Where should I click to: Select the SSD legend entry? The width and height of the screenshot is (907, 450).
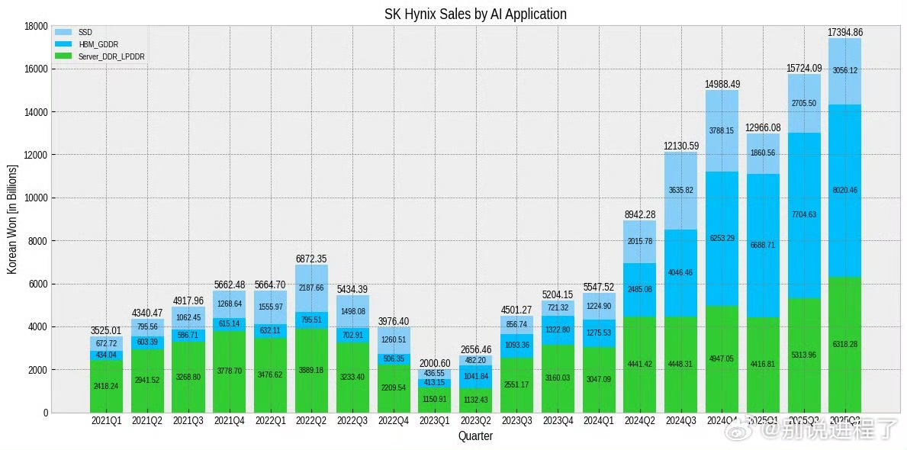click(85, 32)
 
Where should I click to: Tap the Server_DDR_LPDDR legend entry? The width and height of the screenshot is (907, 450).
click(111, 56)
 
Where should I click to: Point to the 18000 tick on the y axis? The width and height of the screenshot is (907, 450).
click(36, 26)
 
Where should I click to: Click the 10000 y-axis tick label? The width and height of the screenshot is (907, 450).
click(36, 198)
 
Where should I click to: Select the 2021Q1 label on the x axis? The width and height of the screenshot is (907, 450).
click(106, 420)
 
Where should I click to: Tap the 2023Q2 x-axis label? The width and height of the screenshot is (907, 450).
click(475, 420)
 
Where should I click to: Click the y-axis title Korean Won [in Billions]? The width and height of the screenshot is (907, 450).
click(12, 219)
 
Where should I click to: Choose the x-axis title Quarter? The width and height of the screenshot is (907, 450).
click(474, 436)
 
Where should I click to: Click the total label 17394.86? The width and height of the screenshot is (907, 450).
click(844, 32)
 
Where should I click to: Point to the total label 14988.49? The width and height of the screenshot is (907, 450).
click(722, 84)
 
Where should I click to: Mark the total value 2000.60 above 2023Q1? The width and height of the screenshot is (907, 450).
click(434, 363)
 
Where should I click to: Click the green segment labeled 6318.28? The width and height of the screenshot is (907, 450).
click(844, 345)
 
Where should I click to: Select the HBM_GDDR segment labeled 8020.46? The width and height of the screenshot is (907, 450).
click(844, 190)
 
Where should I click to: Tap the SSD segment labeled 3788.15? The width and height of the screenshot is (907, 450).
click(722, 130)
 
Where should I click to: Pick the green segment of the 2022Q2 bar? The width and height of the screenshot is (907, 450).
click(311, 371)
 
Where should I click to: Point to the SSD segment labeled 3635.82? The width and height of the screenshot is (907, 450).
click(680, 190)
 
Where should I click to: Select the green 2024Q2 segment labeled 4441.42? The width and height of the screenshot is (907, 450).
click(639, 364)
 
